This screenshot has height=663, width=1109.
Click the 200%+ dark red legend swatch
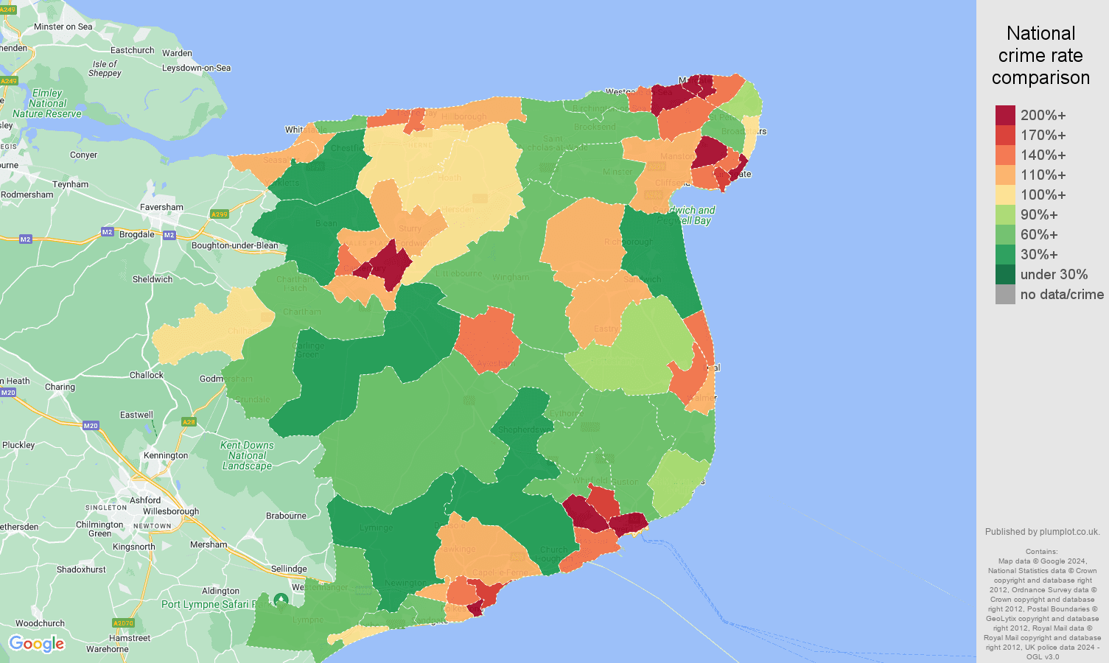(1005, 115)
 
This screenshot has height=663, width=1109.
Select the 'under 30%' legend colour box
(1005, 274)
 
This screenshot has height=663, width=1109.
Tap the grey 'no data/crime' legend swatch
(1005, 294)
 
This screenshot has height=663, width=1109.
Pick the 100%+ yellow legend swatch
(1005, 194)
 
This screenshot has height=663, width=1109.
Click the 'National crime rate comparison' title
(1040, 55)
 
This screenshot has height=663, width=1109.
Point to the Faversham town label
(161, 207)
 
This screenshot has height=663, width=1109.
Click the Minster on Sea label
(63, 27)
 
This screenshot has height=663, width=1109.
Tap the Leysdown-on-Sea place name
(196, 68)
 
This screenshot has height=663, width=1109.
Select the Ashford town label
(145, 500)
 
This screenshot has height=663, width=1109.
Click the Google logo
(37, 644)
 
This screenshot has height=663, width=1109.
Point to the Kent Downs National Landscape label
(247, 455)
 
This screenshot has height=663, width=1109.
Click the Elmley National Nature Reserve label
(47, 103)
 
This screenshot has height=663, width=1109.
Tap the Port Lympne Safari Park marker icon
(281, 601)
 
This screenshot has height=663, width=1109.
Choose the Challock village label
(147, 375)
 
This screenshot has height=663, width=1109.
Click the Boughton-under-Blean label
(235, 245)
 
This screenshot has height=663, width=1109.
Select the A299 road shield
(219, 214)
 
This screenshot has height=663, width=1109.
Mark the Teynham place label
(70, 184)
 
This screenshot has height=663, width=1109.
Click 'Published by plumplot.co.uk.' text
(1042, 532)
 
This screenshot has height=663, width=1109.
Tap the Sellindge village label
(289, 569)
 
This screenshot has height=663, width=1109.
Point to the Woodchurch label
(40, 623)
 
